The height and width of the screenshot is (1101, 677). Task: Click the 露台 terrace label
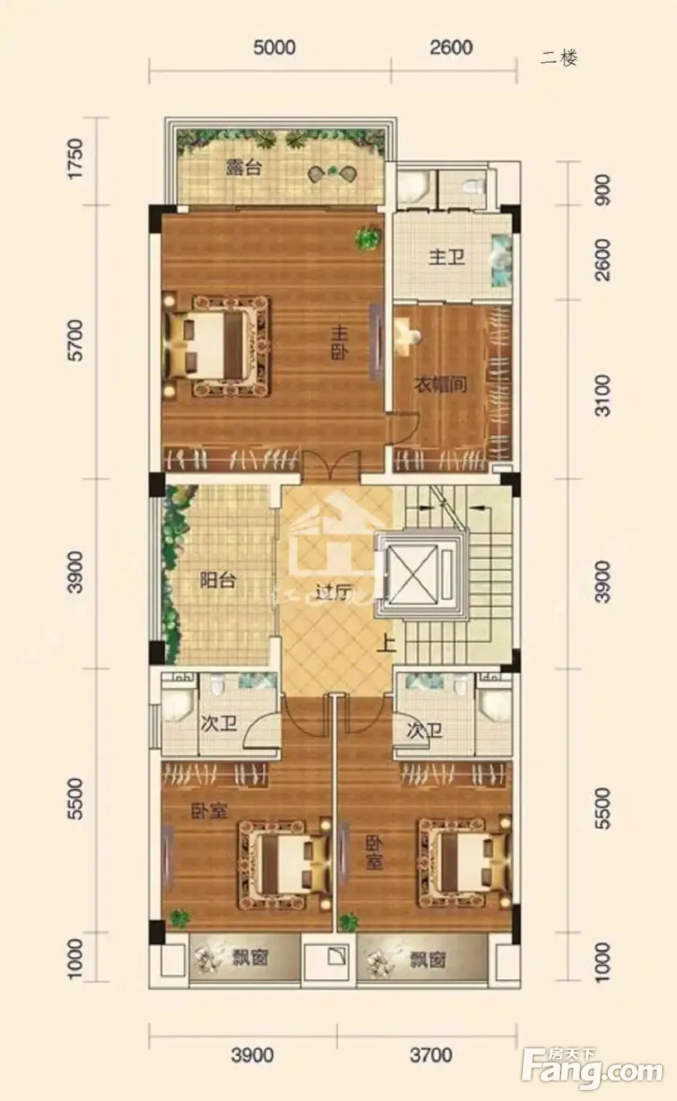pos(244,168)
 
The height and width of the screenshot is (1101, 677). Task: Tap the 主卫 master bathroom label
pos(446,257)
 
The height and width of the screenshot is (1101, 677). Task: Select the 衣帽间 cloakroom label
pos(440,385)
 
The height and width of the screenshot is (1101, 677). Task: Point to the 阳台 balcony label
pos(218,580)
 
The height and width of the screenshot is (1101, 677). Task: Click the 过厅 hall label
pos(335,594)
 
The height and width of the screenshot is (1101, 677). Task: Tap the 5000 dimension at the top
pos(274,47)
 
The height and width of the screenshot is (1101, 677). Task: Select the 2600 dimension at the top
pos(451,47)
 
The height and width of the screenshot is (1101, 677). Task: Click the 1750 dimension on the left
pos(75,159)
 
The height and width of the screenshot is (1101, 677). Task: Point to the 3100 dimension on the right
pos(602,396)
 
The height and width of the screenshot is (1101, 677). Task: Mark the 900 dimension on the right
pos(602,190)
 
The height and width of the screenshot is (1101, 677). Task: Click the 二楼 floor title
pos(558,58)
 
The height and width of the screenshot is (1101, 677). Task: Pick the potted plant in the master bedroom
pos(368,237)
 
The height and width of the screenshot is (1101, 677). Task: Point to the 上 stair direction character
pos(387,643)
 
